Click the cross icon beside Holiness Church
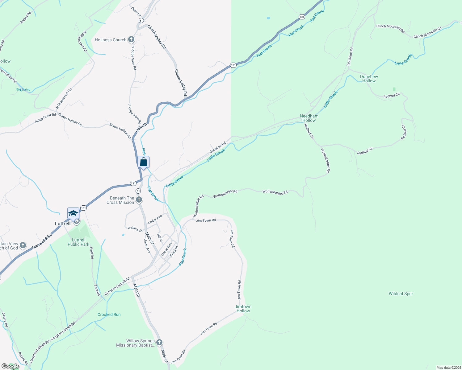pyautogui.click(x=131, y=39)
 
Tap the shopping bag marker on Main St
pyautogui.click(x=144, y=162)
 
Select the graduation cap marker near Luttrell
pyautogui.click(x=73, y=213)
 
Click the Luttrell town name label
pyautogui.click(x=63, y=224)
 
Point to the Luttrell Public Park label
pyautogui.click(x=78, y=242)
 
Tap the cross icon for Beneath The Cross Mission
pyautogui.click(x=139, y=200)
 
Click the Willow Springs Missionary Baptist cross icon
pyautogui.click(x=159, y=342)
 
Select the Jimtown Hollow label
pyautogui.click(x=243, y=309)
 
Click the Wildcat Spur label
pyautogui.click(x=401, y=294)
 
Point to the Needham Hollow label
pyautogui.click(x=309, y=118)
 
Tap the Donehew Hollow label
pyautogui.click(x=369, y=79)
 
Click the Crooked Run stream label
pyautogui.click(x=109, y=314)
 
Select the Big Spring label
pyautogui.click(x=23, y=89)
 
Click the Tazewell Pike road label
pyautogui.click(x=42, y=242)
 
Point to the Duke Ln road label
pyautogui.click(x=136, y=12)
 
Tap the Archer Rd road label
pyautogui.click(x=26, y=18)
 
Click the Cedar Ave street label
pyautogui.click(x=155, y=220)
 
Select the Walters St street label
pyautogui.click(x=135, y=229)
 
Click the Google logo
pyautogui.click(x=10, y=366)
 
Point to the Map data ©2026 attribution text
pyautogui.click(x=448, y=368)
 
